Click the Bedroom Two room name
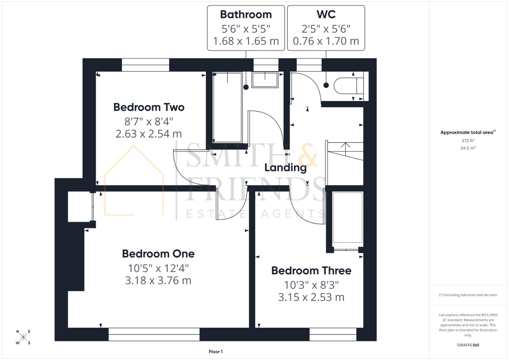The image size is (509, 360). click(x=149, y=107)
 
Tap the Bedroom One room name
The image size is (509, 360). click(x=158, y=254)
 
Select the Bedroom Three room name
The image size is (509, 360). click(x=311, y=270)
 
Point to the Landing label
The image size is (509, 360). click(x=285, y=167)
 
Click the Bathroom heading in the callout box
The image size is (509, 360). click(x=246, y=15)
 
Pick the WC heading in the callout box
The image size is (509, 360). click(x=326, y=15)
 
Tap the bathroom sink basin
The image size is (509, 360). click(x=265, y=80)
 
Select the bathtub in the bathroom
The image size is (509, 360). click(x=227, y=107)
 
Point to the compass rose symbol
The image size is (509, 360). click(x=23, y=337)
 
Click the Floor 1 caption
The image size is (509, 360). click(x=216, y=352)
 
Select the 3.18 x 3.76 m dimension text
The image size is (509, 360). click(x=158, y=280)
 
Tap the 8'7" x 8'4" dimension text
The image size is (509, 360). click(x=149, y=121)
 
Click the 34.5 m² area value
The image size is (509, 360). click(x=468, y=148)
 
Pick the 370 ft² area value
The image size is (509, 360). click(x=468, y=141)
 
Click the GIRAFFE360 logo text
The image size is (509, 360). click(x=468, y=345)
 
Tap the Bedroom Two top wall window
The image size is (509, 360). click(x=145, y=65)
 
